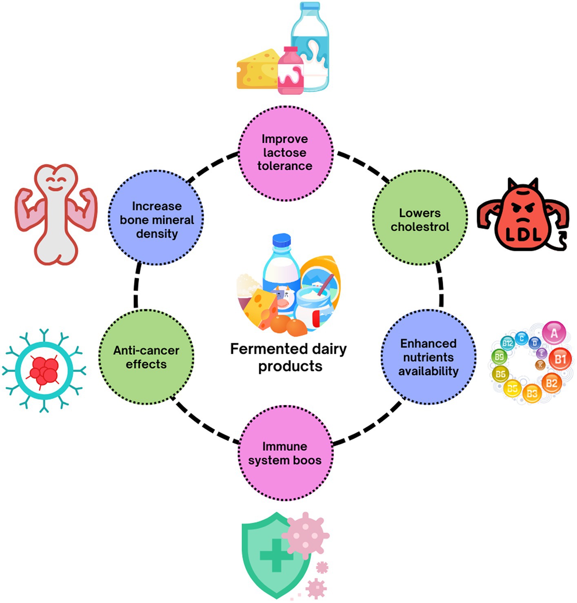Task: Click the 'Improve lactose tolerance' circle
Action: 285,153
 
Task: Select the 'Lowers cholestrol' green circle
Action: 420,218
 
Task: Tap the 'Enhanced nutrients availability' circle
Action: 428,357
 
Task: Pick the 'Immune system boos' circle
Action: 285,454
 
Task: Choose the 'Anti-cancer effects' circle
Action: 146,357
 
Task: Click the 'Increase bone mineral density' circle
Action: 156,219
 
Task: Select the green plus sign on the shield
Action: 276,555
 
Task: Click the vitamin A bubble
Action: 554,333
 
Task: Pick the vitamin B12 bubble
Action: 508,343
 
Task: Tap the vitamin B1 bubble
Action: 560,359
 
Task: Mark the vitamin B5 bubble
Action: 512,388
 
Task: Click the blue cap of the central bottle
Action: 282,240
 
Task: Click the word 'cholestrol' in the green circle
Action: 420,227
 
